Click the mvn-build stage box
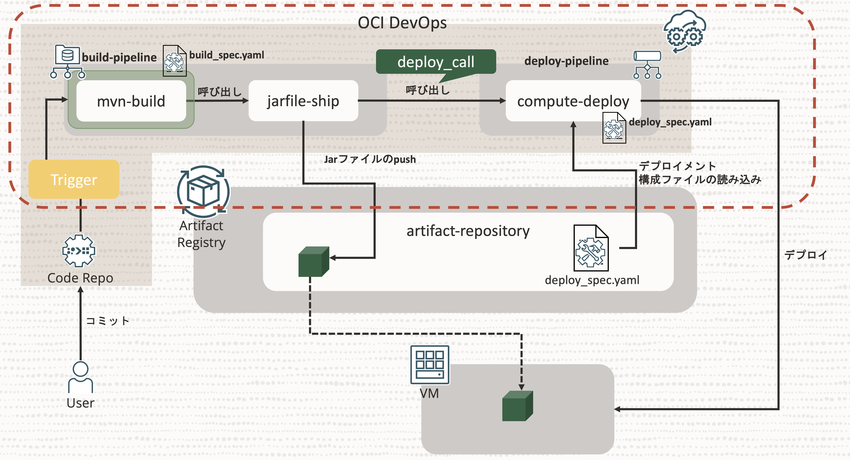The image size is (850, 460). [x=131, y=101]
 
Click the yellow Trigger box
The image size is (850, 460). [x=74, y=179]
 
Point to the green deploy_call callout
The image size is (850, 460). [x=435, y=62]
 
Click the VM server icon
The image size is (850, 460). [x=430, y=365]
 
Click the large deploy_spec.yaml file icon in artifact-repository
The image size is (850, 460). [x=591, y=248]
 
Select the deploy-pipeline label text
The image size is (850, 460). [x=566, y=61]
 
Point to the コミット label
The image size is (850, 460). [x=107, y=321]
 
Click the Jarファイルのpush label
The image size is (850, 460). [x=370, y=159]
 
